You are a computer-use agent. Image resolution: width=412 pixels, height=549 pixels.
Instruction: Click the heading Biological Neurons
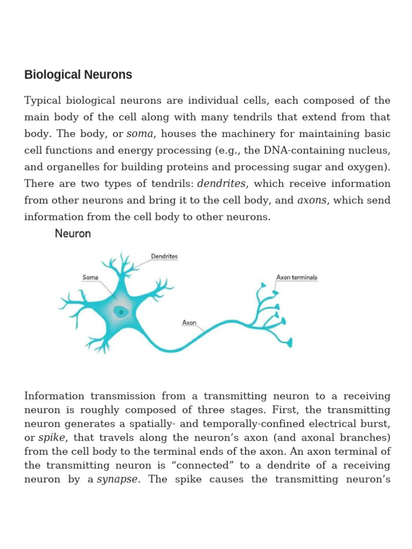(78, 75)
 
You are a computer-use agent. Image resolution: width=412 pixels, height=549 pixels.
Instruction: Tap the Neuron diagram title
(73, 234)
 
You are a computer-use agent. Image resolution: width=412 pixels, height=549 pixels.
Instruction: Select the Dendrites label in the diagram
(164, 257)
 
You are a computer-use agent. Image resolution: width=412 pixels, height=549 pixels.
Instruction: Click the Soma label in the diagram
(90, 278)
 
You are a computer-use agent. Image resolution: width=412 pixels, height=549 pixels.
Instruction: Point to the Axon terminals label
(297, 278)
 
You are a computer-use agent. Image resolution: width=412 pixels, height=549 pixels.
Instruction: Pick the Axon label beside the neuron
(189, 323)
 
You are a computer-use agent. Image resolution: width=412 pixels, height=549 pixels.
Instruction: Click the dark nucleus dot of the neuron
(121, 311)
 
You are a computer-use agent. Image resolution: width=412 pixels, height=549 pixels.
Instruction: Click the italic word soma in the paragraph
(139, 134)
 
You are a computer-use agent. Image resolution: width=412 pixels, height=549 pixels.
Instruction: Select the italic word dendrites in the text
(222, 184)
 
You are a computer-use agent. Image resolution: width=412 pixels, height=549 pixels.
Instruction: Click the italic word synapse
(117, 479)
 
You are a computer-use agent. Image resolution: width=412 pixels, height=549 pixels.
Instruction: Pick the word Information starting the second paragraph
(54, 396)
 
